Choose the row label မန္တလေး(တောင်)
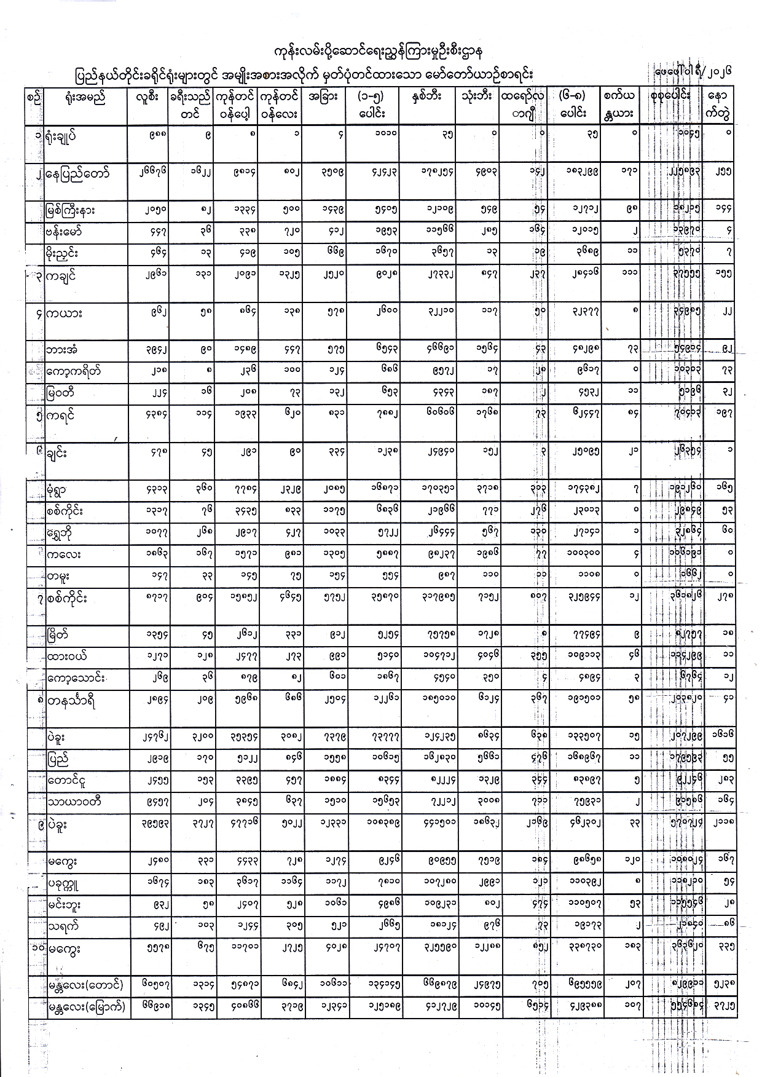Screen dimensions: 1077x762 86,986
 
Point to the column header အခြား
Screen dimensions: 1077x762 324,97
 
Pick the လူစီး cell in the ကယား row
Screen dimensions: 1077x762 148,312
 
